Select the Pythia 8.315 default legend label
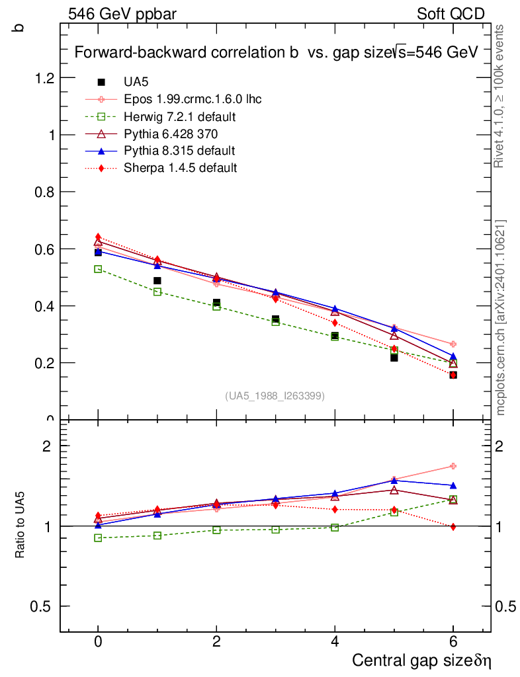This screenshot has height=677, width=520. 179,151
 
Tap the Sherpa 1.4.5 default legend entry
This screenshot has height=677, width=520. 180,168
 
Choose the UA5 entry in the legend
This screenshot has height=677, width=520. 136,83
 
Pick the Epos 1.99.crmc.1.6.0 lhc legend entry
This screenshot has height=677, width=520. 193,100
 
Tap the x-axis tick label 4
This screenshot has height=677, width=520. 335,642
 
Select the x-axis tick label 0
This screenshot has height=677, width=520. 98,642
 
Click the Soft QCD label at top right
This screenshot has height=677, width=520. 451,14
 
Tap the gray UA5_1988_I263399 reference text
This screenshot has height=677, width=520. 275,396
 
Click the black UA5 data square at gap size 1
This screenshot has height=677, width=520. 157,281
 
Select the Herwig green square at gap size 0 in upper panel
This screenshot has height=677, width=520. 98,269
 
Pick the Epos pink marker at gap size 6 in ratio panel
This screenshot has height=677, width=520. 453,466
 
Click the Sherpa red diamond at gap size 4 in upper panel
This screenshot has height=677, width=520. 335,323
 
